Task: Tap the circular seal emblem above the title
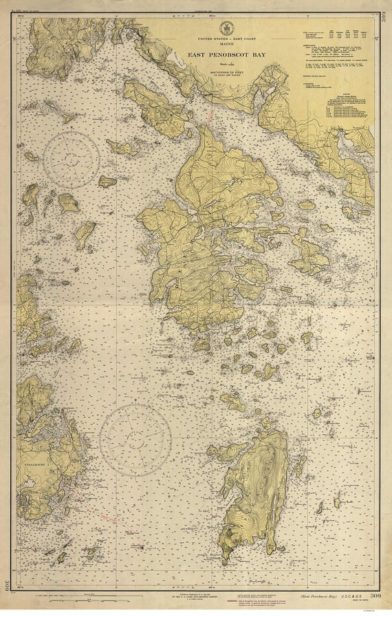pyautogui.click(x=227, y=28)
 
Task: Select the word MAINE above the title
pyautogui.click(x=226, y=45)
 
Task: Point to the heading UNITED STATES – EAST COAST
pyautogui.click(x=226, y=39)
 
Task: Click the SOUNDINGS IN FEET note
pyautogui.click(x=226, y=74)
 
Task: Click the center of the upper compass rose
pyautogui.click(x=72, y=160)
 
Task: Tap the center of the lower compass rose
pyautogui.click(x=135, y=440)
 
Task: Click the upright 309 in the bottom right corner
pyautogui.click(x=375, y=596)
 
